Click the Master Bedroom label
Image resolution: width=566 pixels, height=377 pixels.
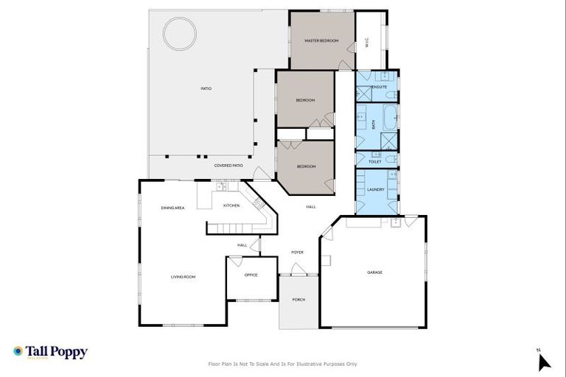[x=321, y=40]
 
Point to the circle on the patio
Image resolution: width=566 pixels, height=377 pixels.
[x=180, y=32]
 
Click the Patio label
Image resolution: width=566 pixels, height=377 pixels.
[x=206, y=88]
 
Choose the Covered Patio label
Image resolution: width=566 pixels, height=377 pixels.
[x=228, y=166]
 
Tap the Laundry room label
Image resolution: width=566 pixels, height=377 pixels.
[x=375, y=189]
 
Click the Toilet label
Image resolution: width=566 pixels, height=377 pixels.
[x=374, y=161]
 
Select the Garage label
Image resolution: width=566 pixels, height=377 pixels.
[x=374, y=272]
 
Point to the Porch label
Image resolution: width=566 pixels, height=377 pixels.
[x=298, y=300]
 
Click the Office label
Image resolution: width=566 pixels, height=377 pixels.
[x=251, y=275]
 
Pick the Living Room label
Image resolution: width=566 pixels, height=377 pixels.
[x=183, y=277]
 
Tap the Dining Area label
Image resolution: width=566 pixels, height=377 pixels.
[x=172, y=208]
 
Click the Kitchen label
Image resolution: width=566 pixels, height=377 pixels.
[x=231, y=205]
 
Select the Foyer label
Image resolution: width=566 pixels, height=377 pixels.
[x=297, y=252]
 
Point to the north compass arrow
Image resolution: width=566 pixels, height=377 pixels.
[x=544, y=361]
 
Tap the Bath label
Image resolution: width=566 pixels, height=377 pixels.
[x=374, y=125]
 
